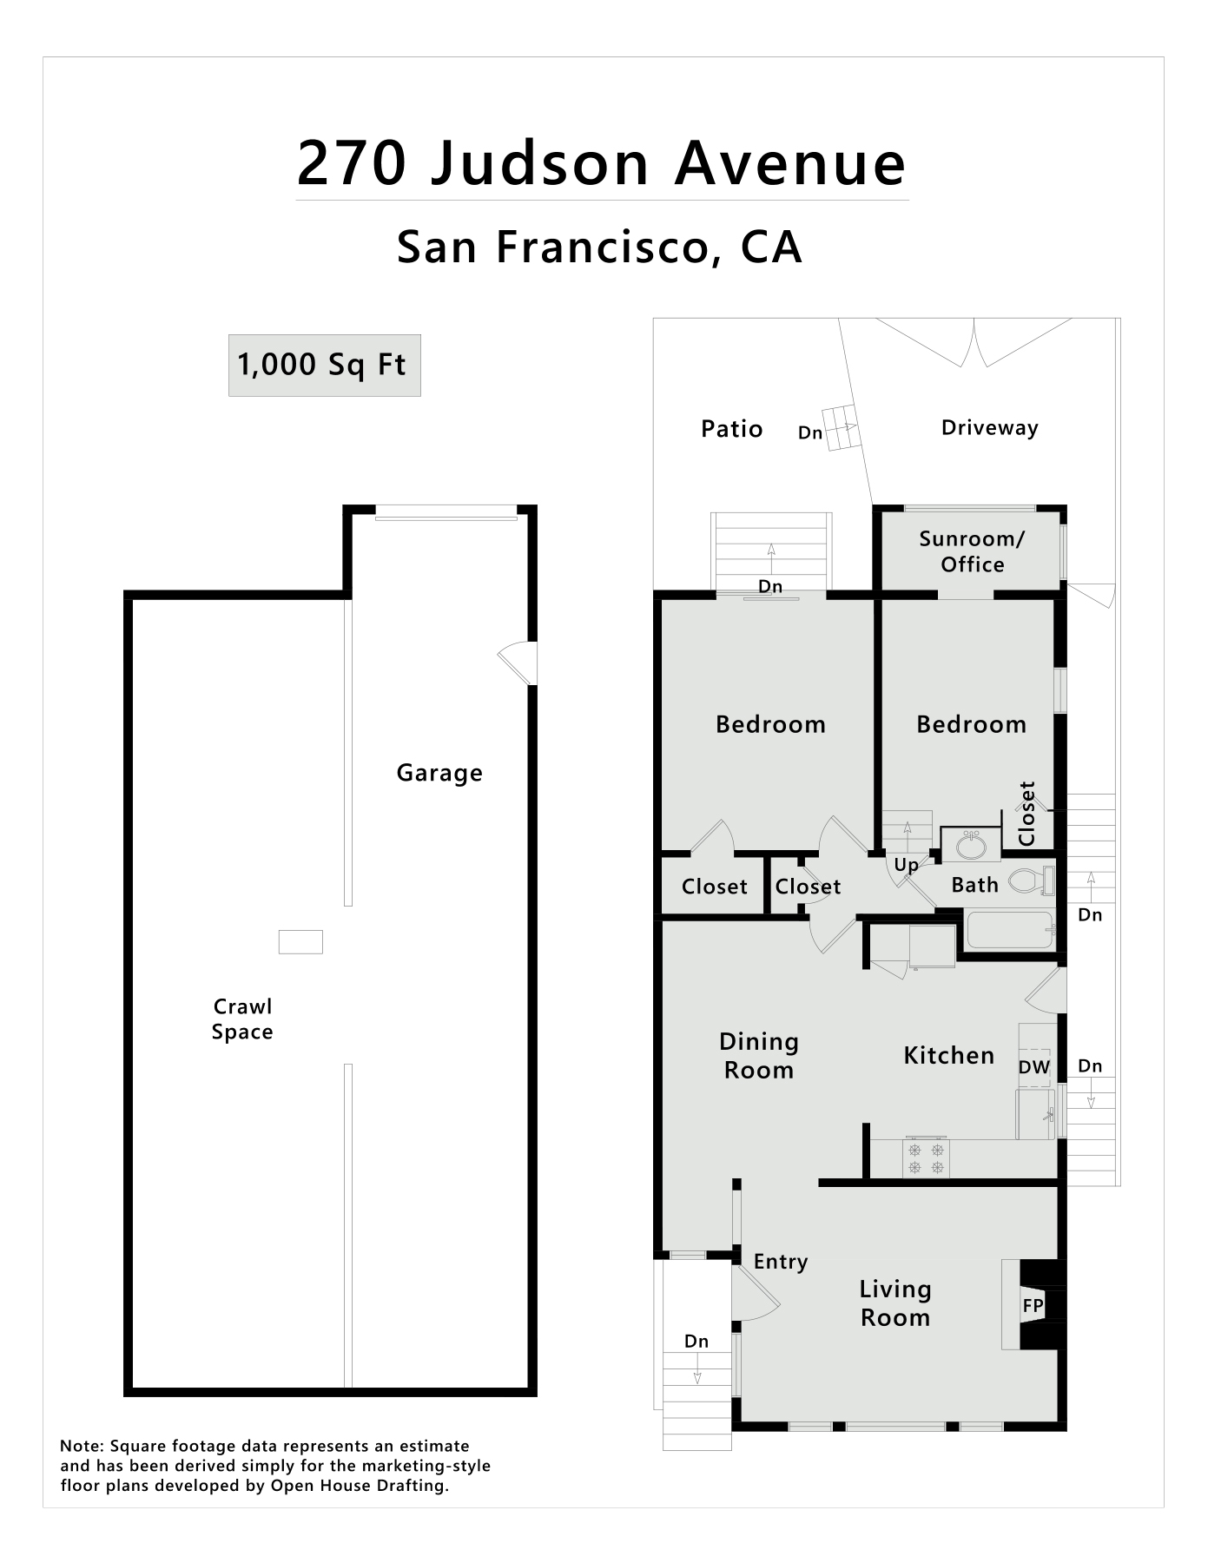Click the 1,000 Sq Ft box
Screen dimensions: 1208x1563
324,366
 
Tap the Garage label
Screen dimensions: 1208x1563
439,774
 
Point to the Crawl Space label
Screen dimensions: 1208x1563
242,1019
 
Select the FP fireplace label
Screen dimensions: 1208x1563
1033,1305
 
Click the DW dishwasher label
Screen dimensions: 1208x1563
1034,1067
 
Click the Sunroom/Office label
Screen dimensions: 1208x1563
973,551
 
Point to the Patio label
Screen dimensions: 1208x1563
732,429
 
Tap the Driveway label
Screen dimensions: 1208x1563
990,428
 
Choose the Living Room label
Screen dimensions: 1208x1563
895,1303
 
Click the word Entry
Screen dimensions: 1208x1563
781,1263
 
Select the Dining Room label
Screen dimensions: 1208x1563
759,1056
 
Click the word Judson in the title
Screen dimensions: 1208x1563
539,163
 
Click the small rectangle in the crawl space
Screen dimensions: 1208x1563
300,942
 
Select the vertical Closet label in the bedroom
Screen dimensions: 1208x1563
1027,814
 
